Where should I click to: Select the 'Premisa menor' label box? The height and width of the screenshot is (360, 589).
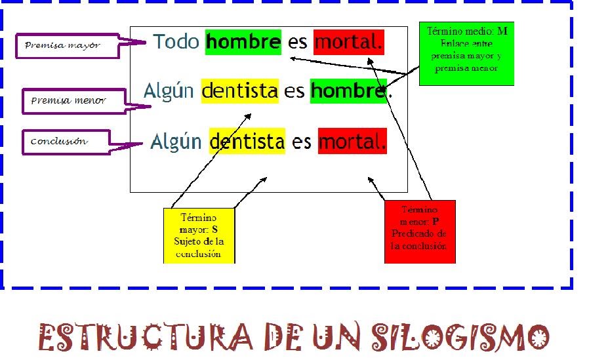pyautogui.click(x=68, y=101)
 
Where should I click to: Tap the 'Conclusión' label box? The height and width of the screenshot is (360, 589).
pyautogui.click(x=63, y=142)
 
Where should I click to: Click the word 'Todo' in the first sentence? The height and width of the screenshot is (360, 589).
pyautogui.click(x=176, y=42)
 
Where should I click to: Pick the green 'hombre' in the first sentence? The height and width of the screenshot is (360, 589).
pyautogui.click(x=243, y=42)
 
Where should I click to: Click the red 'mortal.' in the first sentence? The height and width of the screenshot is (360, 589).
pyautogui.click(x=348, y=42)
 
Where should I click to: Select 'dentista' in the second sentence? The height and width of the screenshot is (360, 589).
pyautogui.click(x=240, y=90)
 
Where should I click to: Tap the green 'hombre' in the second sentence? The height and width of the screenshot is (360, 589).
pyautogui.click(x=348, y=90)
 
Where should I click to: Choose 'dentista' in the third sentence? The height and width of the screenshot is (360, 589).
pyautogui.click(x=247, y=141)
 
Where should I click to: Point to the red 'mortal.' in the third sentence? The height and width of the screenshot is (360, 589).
pyautogui.click(x=352, y=141)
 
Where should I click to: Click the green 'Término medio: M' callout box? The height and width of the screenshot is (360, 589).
pyautogui.click(x=466, y=53)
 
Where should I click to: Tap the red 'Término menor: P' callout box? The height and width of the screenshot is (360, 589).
pyautogui.click(x=420, y=231)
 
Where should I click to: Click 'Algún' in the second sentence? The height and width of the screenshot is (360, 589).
pyautogui.click(x=169, y=90)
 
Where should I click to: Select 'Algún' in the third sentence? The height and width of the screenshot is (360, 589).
pyautogui.click(x=176, y=141)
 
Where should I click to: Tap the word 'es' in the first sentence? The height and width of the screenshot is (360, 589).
pyautogui.click(x=297, y=42)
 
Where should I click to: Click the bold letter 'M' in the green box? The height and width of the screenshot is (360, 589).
pyautogui.click(x=502, y=31)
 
